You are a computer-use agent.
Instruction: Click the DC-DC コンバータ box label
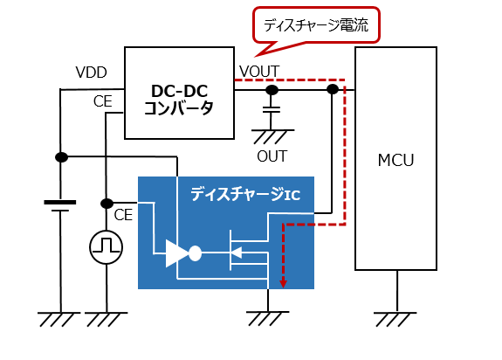click(179, 100)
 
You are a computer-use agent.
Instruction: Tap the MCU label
click(395, 160)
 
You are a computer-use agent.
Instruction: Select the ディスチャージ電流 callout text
click(316, 25)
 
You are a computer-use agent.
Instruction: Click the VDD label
click(92, 73)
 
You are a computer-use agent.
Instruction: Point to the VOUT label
click(259, 71)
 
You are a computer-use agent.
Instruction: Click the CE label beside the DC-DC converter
click(103, 101)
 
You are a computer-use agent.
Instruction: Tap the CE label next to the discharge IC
click(123, 215)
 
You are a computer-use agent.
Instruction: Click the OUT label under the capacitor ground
click(272, 156)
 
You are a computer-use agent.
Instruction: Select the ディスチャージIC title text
click(245, 194)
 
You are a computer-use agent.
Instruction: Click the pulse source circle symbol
click(106, 247)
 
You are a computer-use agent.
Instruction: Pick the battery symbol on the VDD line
click(60, 206)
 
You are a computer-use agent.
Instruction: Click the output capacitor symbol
click(272, 109)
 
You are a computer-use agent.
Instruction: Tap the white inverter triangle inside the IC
click(177, 253)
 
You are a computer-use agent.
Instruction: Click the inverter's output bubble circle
click(195, 253)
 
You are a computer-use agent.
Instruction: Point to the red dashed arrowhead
click(283, 283)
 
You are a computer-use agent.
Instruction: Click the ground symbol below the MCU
click(395, 319)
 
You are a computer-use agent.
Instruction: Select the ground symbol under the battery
click(58, 319)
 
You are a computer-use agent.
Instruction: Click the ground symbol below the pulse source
click(106, 319)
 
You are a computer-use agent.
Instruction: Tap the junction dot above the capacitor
click(272, 90)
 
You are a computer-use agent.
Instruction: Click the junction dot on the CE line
click(107, 203)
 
